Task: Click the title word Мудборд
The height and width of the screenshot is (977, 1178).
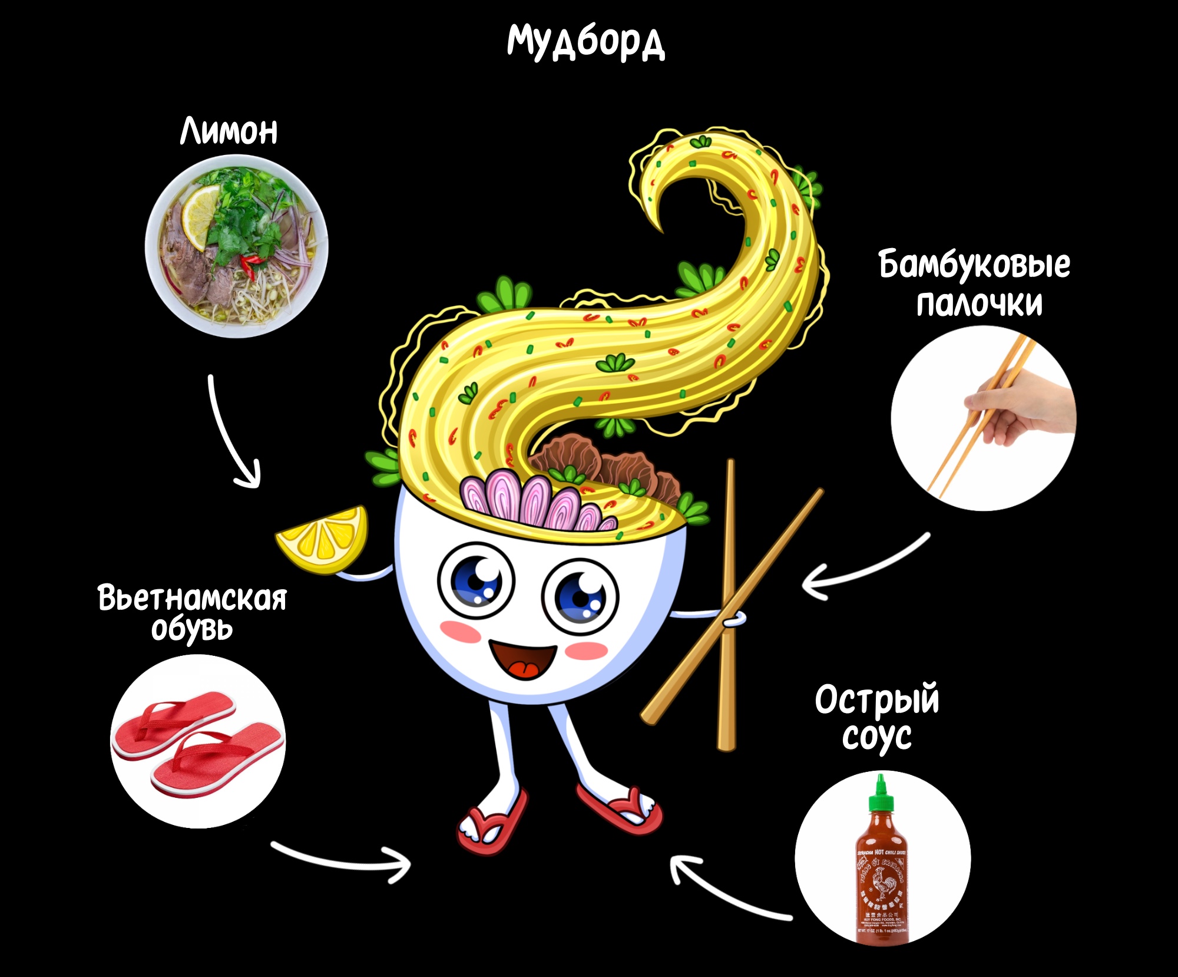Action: (x=586, y=42)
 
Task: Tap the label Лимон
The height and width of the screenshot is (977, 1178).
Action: (x=229, y=131)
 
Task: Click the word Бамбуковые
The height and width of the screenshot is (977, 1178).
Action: (x=974, y=265)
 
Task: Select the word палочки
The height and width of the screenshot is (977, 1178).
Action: (x=979, y=304)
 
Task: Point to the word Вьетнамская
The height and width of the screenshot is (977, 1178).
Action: (x=192, y=598)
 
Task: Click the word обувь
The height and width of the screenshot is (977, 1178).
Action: (x=192, y=629)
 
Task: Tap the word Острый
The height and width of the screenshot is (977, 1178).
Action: (x=876, y=700)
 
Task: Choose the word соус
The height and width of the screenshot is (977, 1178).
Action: (x=876, y=737)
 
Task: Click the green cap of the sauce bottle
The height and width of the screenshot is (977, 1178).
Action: (x=881, y=793)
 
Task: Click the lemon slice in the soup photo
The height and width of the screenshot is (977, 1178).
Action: (x=200, y=215)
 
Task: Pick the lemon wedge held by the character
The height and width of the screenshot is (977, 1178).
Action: (x=323, y=539)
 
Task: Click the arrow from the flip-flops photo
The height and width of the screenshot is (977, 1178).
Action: (x=342, y=860)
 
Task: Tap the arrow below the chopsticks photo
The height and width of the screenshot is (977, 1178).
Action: (x=866, y=569)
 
